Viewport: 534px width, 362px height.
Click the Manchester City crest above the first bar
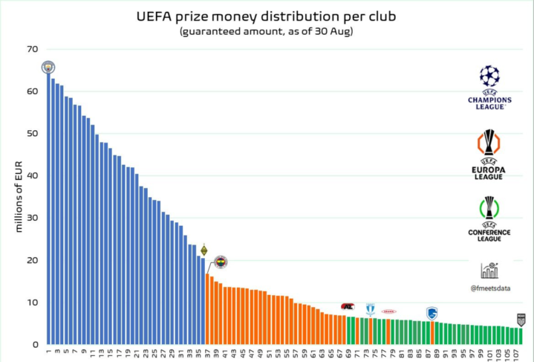pyautogui.click(x=48, y=67)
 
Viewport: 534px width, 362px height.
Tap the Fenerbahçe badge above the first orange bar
pyautogui.click(x=221, y=262)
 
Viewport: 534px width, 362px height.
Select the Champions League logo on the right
pyautogui.click(x=489, y=87)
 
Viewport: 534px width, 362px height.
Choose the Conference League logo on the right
pyautogui.click(x=489, y=219)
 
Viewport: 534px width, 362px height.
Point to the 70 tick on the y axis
pyautogui.click(x=31, y=49)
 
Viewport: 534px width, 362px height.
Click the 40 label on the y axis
pyautogui.click(x=31, y=176)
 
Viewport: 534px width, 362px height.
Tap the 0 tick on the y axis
pyautogui.click(x=34, y=345)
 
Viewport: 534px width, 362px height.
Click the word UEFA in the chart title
pyautogui.click(x=154, y=16)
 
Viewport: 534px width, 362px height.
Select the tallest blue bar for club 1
pyautogui.click(x=48, y=208)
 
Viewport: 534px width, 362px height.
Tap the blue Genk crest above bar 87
pyautogui.click(x=432, y=313)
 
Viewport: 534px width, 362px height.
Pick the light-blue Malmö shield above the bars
pyautogui.click(x=370, y=308)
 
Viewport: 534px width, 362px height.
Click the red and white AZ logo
pyautogui.click(x=347, y=306)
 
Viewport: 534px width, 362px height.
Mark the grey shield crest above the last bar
pyautogui.click(x=521, y=320)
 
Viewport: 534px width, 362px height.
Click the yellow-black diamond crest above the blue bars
pyautogui.click(x=203, y=251)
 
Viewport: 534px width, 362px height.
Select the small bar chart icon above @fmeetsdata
pyautogui.click(x=489, y=270)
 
